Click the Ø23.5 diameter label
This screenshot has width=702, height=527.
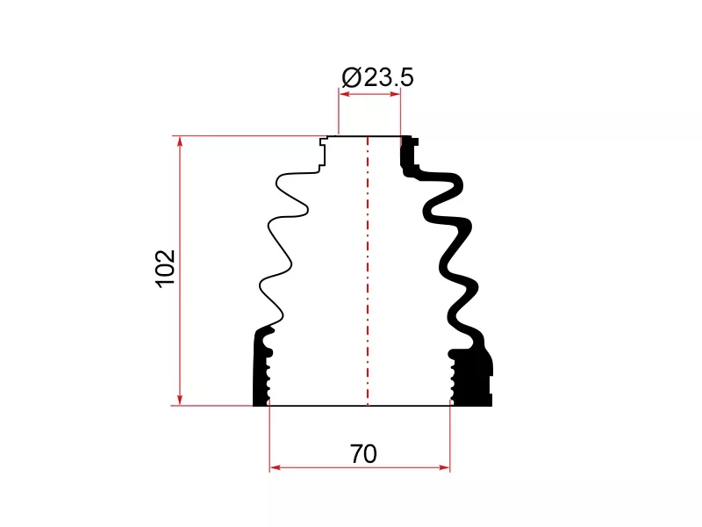coord(377,77)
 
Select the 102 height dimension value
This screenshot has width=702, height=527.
coord(165,269)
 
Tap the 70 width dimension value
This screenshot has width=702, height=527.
coord(363,454)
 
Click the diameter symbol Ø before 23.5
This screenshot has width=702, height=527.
coord(352,77)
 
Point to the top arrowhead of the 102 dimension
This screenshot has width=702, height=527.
coord(180,141)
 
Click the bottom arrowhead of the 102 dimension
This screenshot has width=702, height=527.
coord(180,400)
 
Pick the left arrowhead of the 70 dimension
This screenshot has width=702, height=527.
coord(276,467)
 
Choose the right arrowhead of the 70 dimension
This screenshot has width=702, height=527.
coord(444,467)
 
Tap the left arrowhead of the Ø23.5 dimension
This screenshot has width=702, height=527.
coord(345,94)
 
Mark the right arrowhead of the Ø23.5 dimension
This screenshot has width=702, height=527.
coord(395,94)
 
